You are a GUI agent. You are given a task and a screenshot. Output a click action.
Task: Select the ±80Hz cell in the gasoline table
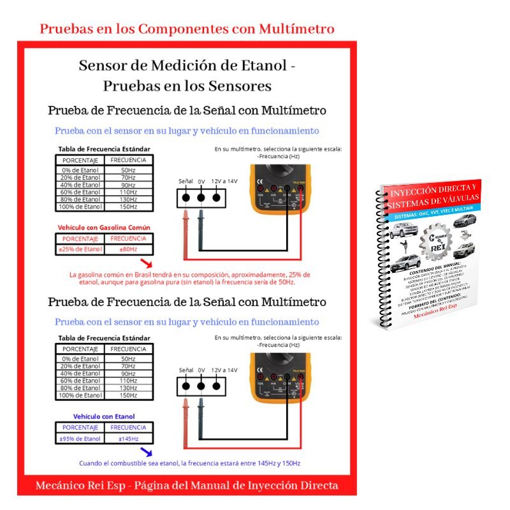point(128,249)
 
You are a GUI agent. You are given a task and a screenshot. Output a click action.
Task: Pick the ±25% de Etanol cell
point(80,249)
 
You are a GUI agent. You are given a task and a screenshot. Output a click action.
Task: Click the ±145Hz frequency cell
point(128,439)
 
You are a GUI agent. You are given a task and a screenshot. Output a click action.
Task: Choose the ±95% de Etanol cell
point(80,439)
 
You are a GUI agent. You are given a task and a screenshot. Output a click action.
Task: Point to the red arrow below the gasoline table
point(147,263)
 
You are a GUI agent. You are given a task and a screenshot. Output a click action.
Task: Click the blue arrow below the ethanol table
point(147,451)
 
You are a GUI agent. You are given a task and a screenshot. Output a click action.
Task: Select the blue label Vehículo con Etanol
point(104,416)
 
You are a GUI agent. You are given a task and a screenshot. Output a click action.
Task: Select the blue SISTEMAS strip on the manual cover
point(440,210)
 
